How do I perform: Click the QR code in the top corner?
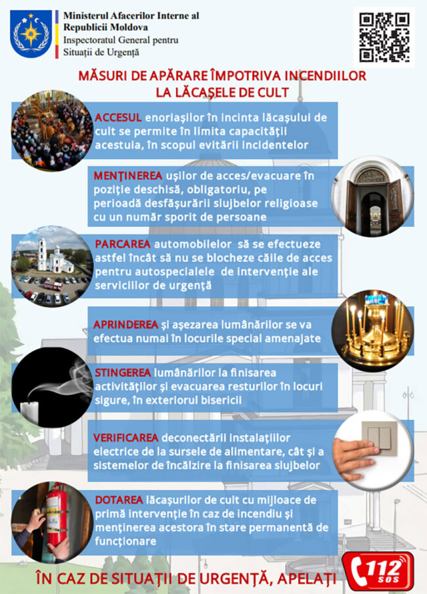pos(385,36)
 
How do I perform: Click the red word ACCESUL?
pos(118,118)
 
